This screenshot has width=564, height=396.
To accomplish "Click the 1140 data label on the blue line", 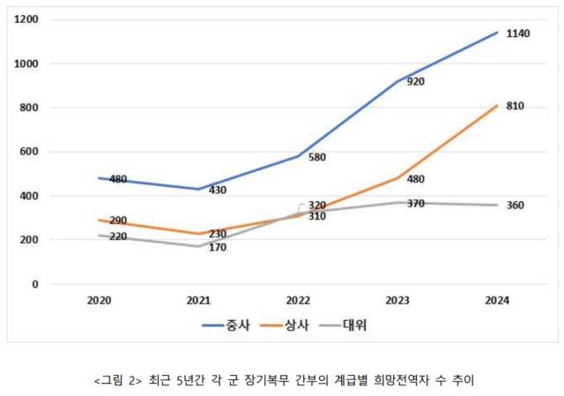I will [518, 34].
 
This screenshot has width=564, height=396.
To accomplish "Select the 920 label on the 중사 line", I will [415, 82].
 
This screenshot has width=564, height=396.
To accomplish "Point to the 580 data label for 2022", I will [317, 158].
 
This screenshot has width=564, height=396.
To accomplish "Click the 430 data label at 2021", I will [219, 190].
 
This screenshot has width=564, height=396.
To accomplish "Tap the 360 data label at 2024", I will [516, 205].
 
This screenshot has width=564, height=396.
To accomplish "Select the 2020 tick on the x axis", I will [99, 302].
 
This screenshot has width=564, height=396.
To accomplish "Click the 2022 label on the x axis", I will [298, 302].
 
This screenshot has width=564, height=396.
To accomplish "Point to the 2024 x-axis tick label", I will [496, 302].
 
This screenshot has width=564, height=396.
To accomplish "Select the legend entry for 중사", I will [225, 325].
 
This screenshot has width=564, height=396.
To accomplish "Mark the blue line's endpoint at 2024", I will [496, 33].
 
